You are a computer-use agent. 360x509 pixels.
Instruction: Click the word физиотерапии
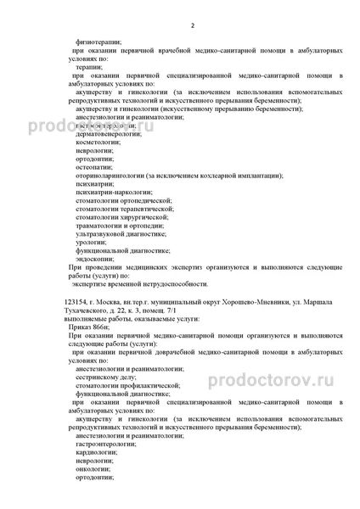[98, 41]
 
